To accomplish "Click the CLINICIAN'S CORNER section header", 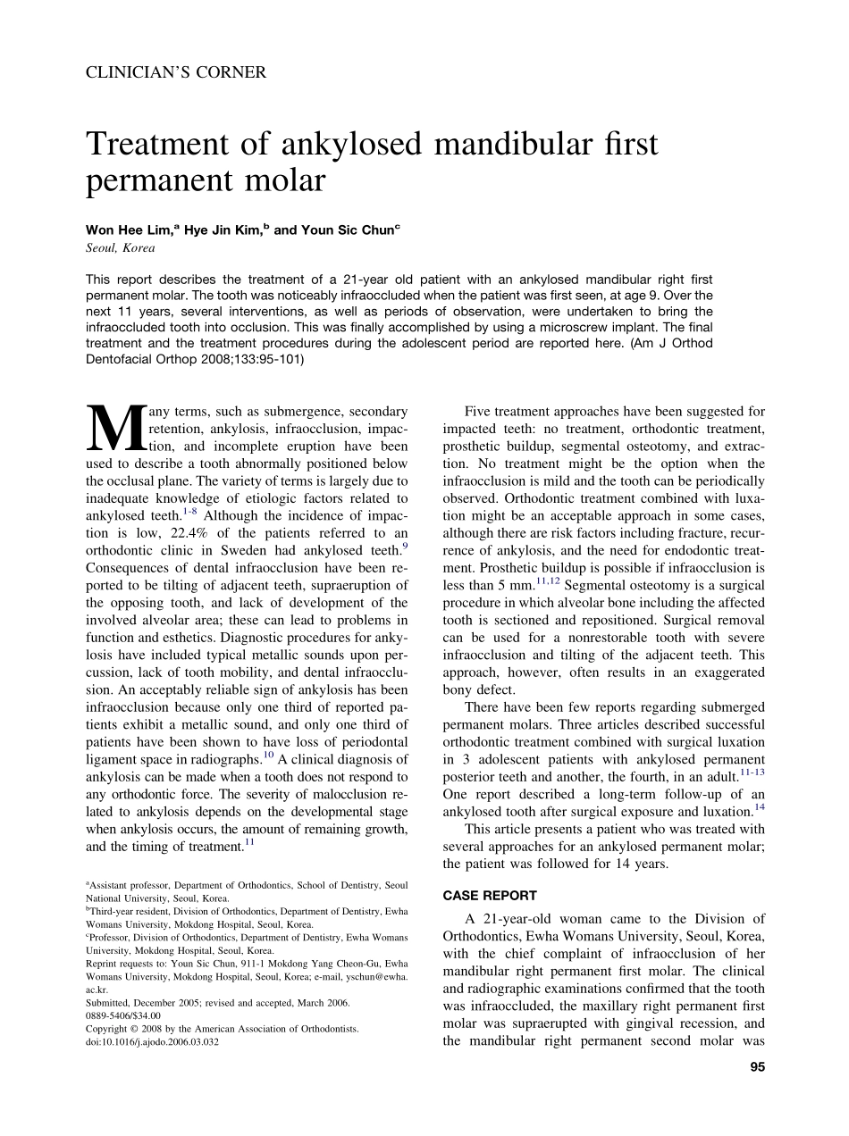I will point(175,72).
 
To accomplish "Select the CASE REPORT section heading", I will point(490,895).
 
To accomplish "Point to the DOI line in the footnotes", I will point(152,1041).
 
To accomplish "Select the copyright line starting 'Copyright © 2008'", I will point(222,1029).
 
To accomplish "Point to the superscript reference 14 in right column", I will point(759,807).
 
